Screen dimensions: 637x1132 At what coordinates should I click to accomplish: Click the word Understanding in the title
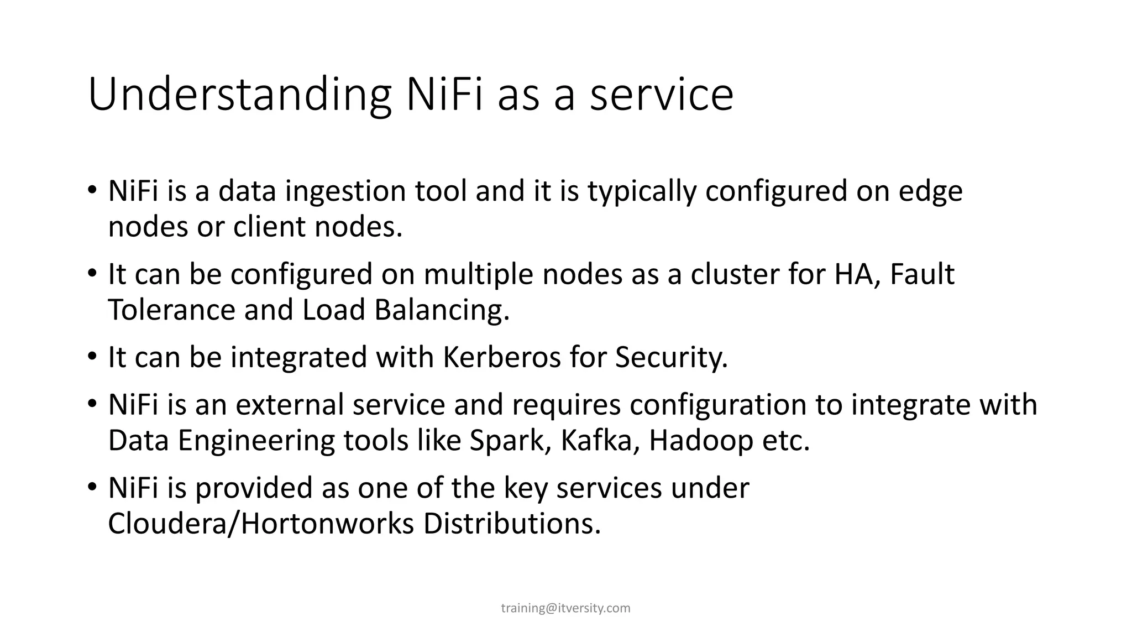(x=239, y=95)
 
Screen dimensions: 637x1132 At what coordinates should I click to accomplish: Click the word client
(x=270, y=227)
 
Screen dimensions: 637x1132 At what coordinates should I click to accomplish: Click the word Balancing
(x=442, y=310)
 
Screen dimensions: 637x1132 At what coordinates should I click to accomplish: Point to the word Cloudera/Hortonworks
(x=261, y=524)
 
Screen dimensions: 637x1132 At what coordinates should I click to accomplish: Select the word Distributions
(x=512, y=524)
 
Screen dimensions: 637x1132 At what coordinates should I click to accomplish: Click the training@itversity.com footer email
(x=565, y=608)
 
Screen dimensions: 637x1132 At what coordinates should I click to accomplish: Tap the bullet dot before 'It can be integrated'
(x=92, y=357)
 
